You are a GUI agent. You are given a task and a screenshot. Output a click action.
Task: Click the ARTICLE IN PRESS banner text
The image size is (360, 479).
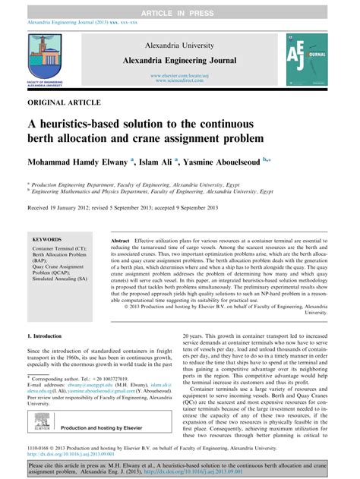click(180, 6)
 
